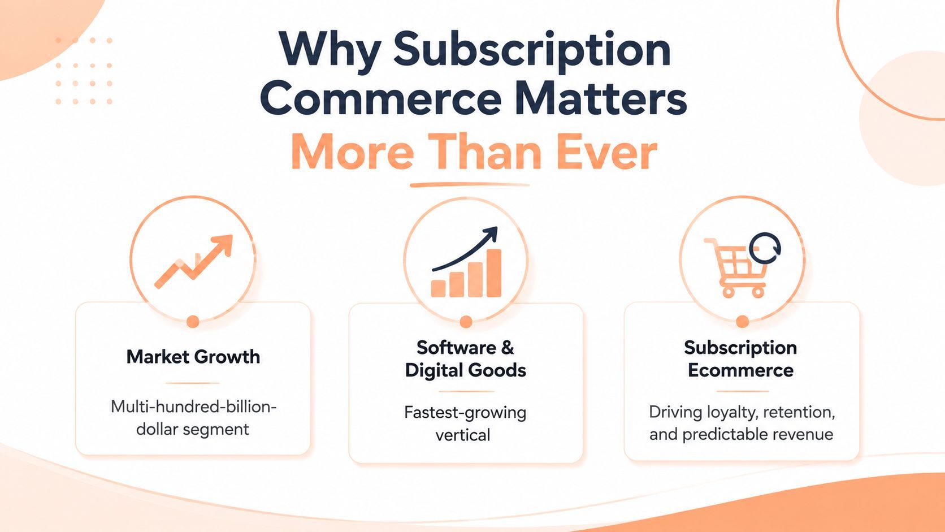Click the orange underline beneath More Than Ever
click(470, 185)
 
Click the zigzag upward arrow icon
click(194, 261)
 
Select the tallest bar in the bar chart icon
click(494, 273)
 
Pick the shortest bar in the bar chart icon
click(438, 288)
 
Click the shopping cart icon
click(736, 267)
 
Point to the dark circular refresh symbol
click(765, 248)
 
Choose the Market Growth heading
click(193, 357)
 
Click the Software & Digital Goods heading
click(465, 359)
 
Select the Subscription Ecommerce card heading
click(740, 359)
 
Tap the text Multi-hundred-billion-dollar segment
click(193, 418)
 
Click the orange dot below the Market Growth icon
click(193, 322)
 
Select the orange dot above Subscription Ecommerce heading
click(742, 322)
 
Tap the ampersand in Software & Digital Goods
click(508, 348)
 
